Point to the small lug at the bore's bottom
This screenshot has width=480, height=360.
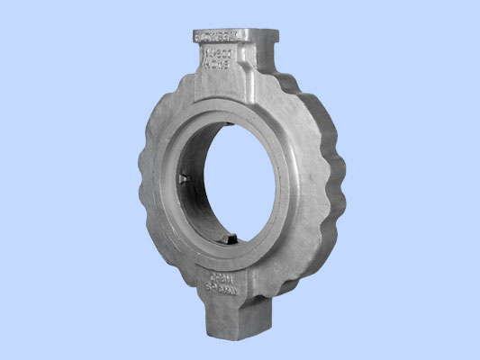click(x=230, y=238)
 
